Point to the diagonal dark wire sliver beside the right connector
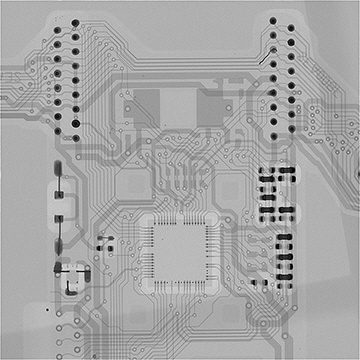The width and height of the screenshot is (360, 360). (262, 60)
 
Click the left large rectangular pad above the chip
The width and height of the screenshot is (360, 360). (147, 102)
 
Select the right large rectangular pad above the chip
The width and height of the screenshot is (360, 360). (213, 103)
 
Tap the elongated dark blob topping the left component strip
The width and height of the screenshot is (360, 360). (57, 169)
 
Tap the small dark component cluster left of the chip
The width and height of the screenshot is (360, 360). (104, 241)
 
